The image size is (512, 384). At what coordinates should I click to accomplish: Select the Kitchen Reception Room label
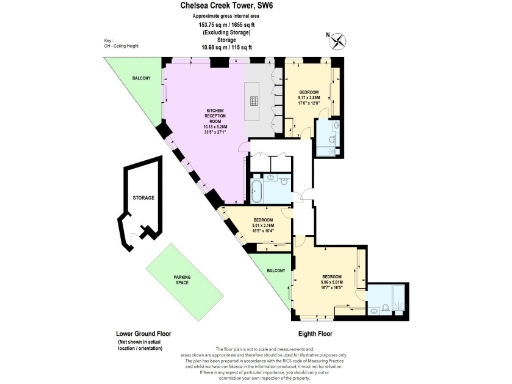click(x=217, y=119)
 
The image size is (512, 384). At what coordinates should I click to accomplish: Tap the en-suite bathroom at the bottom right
click(x=388, y=295)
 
